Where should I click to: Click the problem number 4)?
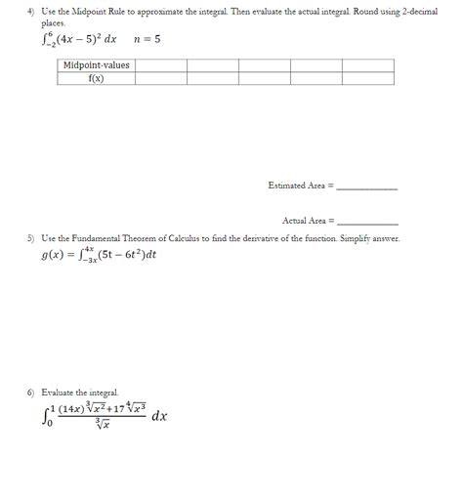30,10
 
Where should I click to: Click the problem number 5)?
30,238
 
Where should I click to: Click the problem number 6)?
30,392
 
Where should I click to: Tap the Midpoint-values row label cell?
96,65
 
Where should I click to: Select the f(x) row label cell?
96,78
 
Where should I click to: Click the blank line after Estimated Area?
366,186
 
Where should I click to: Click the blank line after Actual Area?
366,222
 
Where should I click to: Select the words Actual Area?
306,221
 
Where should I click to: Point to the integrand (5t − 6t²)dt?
126,256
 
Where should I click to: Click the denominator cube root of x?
101,424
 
